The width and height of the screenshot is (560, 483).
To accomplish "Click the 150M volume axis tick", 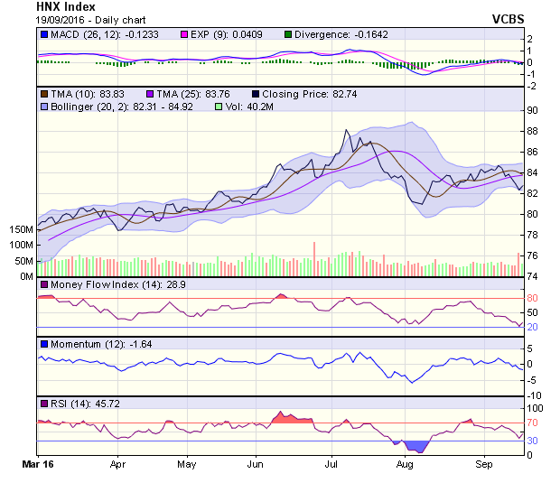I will tap(19, 229).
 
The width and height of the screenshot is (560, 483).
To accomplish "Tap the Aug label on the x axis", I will tap(405, 466).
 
